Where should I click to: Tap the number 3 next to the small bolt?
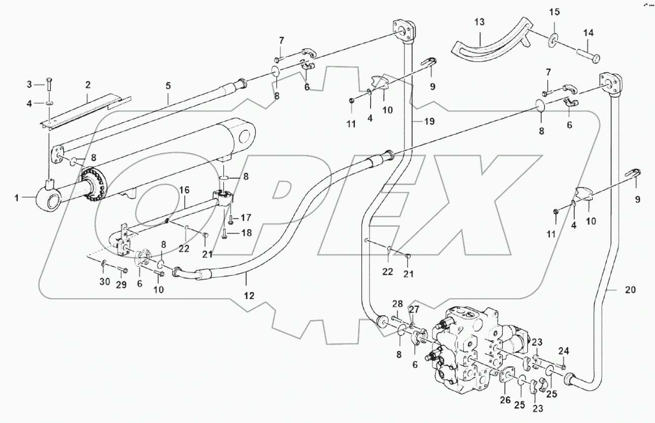pyautogui.click(x=29, y=83)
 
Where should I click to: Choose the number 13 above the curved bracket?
pyautogui.click(x=479, y=23)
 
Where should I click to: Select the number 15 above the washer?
pyautogui.click(x=554, y=11)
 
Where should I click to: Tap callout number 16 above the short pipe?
pyautogui.click(x=184, y=190)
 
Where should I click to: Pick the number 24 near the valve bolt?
pyautogui.click(x=564, y=350)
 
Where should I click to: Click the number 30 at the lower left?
pyautogui.click(x=104, y=282)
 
